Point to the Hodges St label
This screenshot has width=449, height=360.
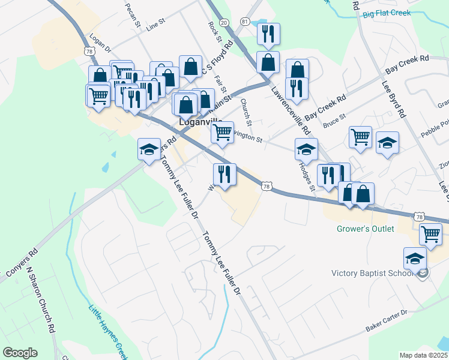307,176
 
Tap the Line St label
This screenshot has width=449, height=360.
155,25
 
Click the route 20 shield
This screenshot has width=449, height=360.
224,22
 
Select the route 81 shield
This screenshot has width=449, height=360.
244,22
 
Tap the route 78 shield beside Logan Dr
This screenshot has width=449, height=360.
89,52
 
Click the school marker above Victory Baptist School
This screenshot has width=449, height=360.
415,259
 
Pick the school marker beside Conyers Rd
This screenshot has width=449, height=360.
148,149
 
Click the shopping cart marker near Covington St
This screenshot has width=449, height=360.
222,131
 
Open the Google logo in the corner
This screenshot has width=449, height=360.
20,353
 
